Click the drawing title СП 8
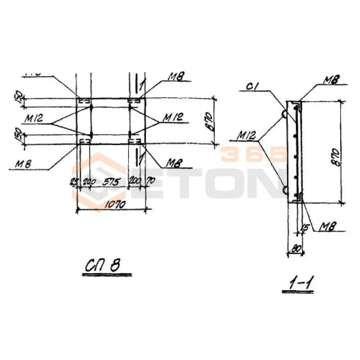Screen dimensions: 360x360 [102, 266]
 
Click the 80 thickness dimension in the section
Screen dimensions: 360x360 [296, 247]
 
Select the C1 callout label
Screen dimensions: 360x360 [252, 86]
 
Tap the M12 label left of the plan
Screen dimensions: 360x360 [34, 118]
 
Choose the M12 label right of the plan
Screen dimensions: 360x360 [173, 118]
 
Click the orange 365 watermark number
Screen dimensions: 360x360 [254, 154]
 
